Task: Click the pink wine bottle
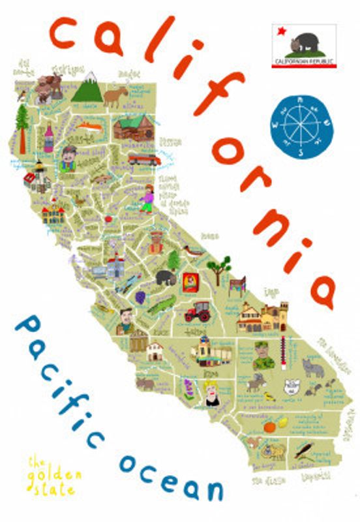pyautogui.click(x=48, y=138)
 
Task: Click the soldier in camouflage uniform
pyautogui.click(x=262, y=356)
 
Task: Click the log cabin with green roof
pyautogui.click(x=132, y=127)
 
